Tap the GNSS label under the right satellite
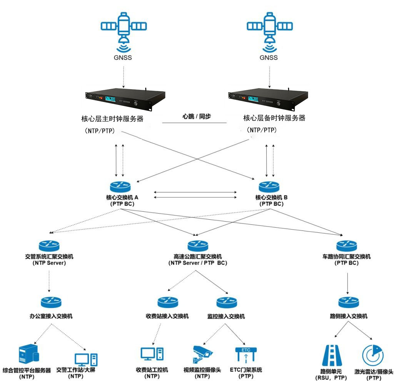point(269,58)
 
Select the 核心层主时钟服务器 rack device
point(125,99)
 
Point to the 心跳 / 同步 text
point(197,116)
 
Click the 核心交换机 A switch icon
point(122,186)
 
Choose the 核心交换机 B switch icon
point(269,186)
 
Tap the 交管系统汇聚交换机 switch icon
point(49,246)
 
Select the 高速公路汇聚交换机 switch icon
point(197,246)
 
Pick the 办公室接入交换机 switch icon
point(51,302)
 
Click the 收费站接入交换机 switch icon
point(167,302)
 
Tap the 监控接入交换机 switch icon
point(226,302)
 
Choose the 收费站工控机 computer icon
point(152,354)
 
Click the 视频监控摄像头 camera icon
point(202,354)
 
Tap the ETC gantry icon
point(245,355)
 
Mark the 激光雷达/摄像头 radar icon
point(373,356)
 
